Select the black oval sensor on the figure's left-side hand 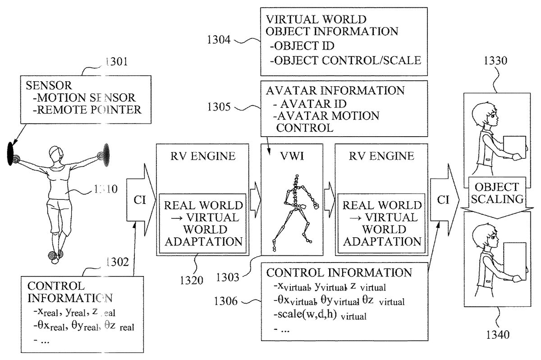tap(10, 154)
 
